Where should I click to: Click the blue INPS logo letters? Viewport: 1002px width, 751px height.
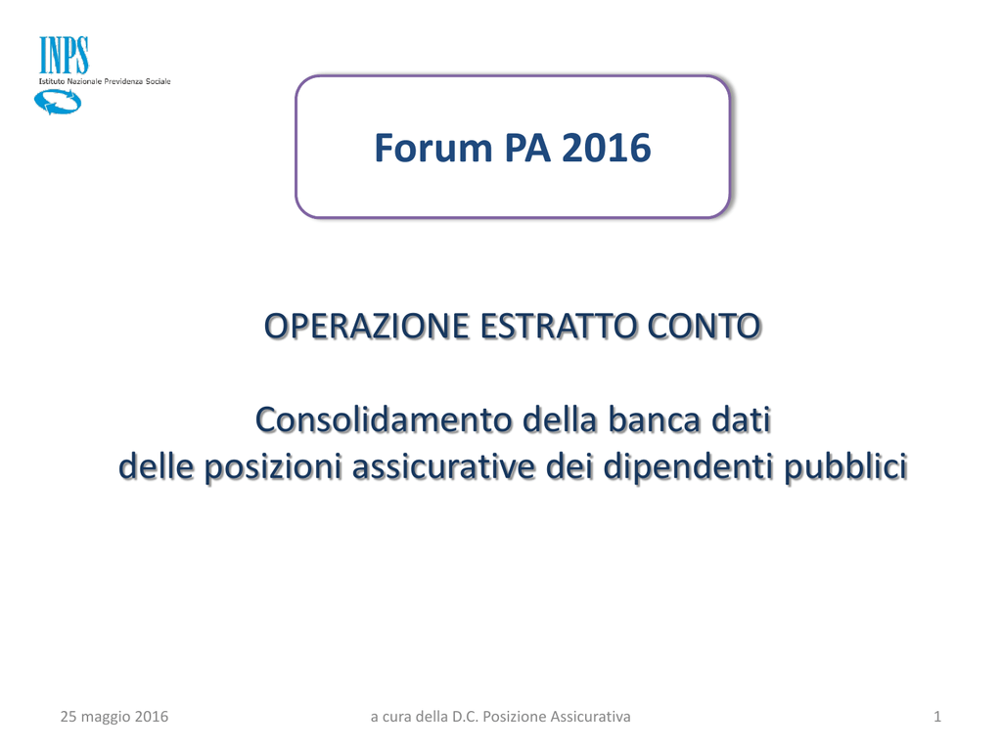64,56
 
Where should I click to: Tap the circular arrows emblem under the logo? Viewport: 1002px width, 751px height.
58,102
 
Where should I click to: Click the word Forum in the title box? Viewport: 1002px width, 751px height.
433,149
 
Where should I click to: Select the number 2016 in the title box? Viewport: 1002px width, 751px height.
606,149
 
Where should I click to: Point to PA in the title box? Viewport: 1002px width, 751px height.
527,149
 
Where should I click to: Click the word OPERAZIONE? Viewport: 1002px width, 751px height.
367,327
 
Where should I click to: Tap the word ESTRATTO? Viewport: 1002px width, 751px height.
558,327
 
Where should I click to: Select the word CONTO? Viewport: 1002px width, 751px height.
704,327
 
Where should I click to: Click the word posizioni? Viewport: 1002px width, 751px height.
273,467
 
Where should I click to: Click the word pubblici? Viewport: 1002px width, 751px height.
845,467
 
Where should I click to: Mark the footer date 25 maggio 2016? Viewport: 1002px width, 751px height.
114,717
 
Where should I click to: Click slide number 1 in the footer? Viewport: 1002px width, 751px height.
937,717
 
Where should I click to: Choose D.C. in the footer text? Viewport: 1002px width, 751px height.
466,717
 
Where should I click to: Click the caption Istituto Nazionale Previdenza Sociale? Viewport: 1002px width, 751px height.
105,82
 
